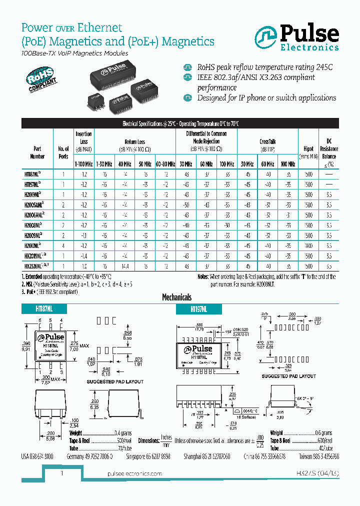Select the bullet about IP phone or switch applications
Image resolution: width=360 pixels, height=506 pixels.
266,97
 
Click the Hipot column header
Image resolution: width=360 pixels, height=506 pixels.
308,148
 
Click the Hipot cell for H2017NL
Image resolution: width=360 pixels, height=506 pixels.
308,245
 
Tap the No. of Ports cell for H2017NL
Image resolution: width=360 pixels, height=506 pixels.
63,245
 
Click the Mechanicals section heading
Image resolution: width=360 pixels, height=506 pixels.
176,297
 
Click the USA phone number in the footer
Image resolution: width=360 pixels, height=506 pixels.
37,457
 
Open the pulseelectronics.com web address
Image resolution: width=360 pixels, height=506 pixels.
134,473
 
